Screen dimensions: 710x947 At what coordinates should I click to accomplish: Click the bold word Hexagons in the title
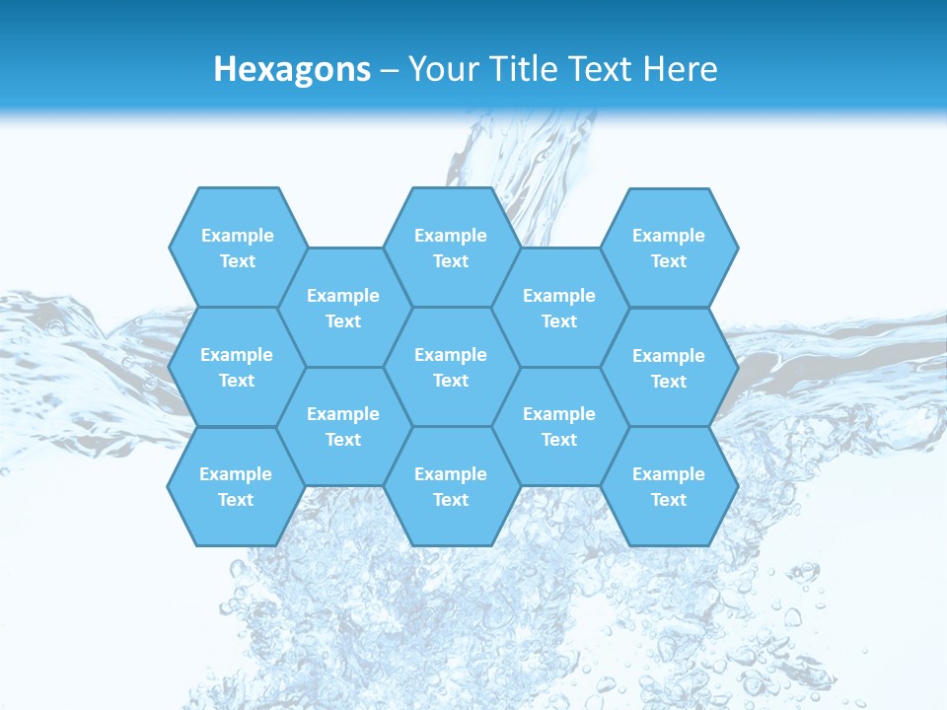click(x=292, y=69)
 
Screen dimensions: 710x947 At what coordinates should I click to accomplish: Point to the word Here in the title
click(x=681, y=69)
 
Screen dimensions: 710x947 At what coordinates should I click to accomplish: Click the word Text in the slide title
click(x=601, y=69)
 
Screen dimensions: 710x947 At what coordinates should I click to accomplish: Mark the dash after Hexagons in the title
click(x=390, y=70)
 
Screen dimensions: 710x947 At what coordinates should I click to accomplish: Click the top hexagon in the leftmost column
click(x=237, y=248)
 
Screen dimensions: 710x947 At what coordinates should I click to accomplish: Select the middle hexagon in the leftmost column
click(x=237, y=367)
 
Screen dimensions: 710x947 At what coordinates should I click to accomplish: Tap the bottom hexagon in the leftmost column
click(x=236, y=486)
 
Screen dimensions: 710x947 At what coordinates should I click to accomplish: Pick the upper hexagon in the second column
click(x=343, y=308)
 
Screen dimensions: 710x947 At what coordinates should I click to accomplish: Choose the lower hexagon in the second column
click(x=343, y=426)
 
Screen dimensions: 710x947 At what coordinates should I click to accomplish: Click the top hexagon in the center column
click(x=451, y=248)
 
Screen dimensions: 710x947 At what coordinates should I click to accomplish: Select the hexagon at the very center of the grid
click(x=451, y=367)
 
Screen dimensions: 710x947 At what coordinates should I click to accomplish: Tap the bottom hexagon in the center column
click(x=451, y=486)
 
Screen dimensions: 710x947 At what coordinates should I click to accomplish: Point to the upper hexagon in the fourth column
click(x=559, y=308)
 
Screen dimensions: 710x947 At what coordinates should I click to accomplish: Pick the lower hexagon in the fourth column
click(x=559, y=426)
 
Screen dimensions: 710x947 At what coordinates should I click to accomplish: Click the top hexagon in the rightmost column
click(x=669, y=248)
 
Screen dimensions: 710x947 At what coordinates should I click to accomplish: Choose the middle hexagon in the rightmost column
click(x=669, y=368)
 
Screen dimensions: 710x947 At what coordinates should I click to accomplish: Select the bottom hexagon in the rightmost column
click(x=669, y=486)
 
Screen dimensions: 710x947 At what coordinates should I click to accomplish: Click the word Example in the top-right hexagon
click(x=669, y=236)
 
